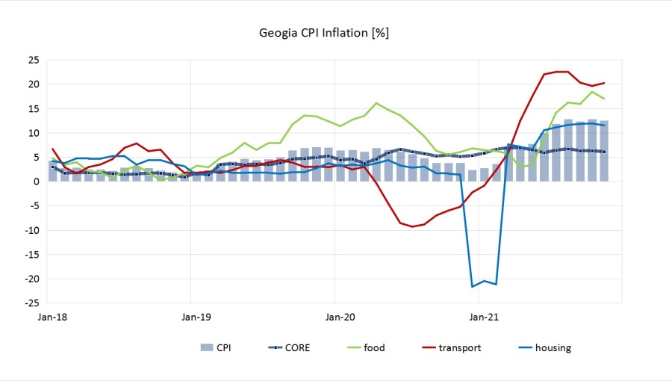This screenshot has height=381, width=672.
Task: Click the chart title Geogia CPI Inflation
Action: coord(323,33)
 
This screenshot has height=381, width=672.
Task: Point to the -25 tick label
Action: coord(32,303)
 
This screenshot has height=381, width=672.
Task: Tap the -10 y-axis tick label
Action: coord(32,230)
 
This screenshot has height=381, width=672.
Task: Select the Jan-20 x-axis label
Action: coord(338,317)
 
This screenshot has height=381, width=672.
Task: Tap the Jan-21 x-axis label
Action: coord(483,317)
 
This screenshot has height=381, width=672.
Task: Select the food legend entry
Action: coord(374,347)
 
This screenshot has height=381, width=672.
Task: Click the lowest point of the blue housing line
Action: coord(472,286)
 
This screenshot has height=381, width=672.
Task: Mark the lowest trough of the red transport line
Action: coord(412,226)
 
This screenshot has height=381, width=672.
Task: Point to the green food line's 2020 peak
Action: coord(376,103)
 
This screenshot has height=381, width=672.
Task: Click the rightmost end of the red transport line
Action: coord(604,83)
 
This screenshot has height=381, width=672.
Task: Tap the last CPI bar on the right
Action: coord(604,151)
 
